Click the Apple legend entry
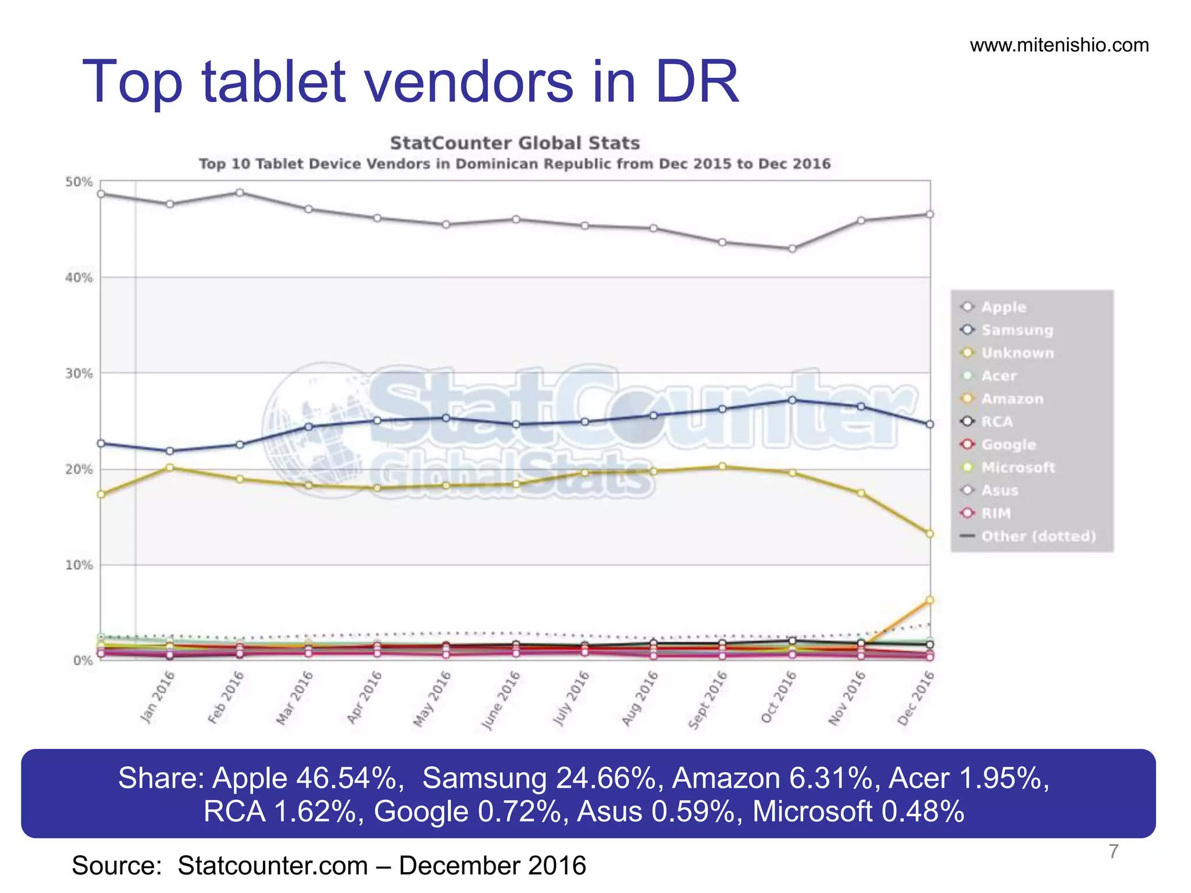pyautogui.click(x=1003, y=307)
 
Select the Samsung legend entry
pyautogui.click(x=1017, y=330)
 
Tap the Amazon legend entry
pyautogui.click(x=1012, y=399)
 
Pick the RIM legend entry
pyautogui.click(x=996, y=513)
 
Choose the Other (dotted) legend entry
pyautogui.click(x=1038, y=536)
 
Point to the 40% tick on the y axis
pyautogui.click(x=79, y=278)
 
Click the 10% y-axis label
pyautogui.click(x=79, y=565)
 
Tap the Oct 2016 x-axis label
pyautogui.click(x=778, y=697)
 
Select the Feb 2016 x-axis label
pyautogui.click(x=226, y=697)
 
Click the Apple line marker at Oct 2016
pyautogui.click(x=792, y=249)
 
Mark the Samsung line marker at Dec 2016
pyautogui.click(x=929, y=424)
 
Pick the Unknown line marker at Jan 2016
pyautogui.click(x=170, y=467)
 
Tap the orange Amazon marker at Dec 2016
pyautogui.click(x=929, y=600)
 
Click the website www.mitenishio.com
pyautogui.click(x=1059, y=45)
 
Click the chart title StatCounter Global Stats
pyautogui.click(x=515, y=143)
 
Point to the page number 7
pyautogui.click(x=1113, y=851)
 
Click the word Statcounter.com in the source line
pyautogui.click(x=273, y=866)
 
